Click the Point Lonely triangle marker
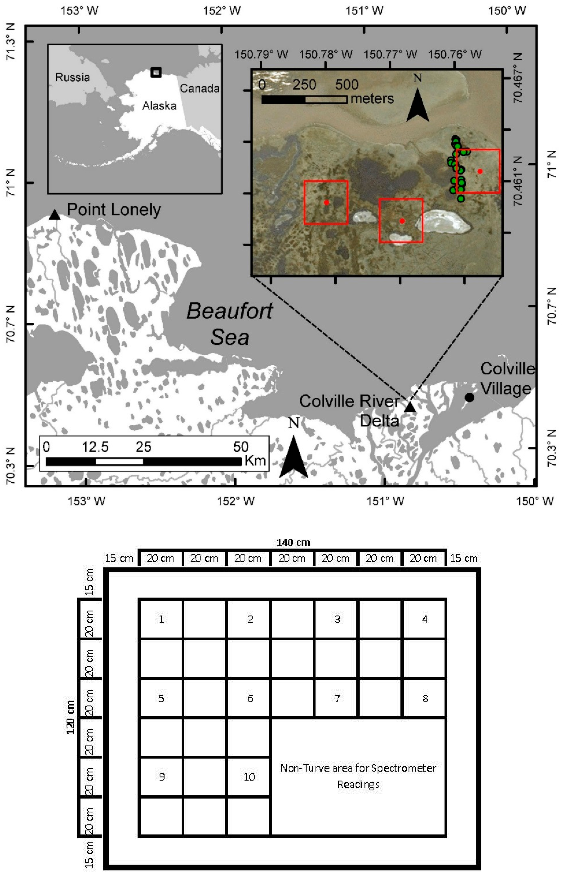[54, 215]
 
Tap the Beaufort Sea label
[230, 324]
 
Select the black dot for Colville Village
[469, 397]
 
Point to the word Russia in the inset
[72, 78]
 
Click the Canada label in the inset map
[200, 88]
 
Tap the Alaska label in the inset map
[159, 106]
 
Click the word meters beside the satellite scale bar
[372, 99]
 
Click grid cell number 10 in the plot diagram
[249, 777]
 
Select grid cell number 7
[337, 699]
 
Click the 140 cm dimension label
[293, 543]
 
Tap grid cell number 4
[424, 619]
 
